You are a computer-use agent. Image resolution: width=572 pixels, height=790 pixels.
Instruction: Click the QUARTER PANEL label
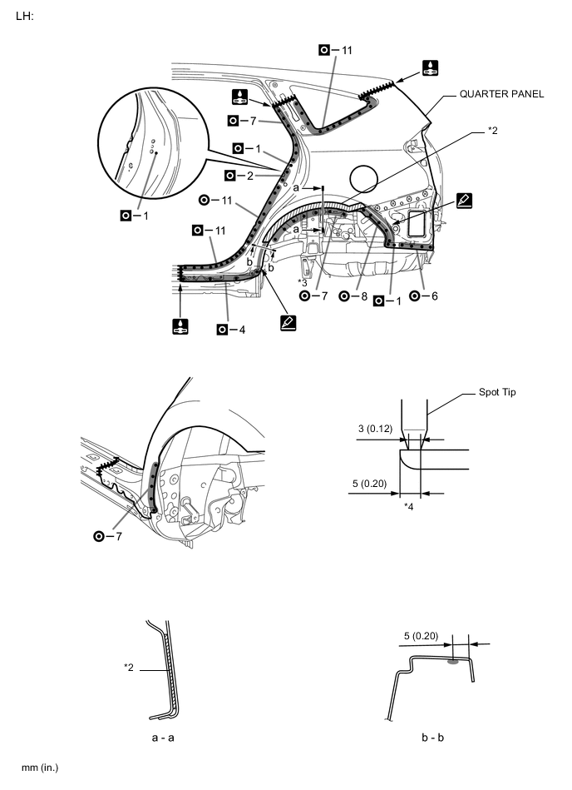(x=501, y=94)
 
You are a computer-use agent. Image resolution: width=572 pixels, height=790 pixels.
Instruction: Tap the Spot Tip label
(x=496, y=391)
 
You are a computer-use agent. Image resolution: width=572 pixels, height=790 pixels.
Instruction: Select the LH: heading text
(x=25, y=16)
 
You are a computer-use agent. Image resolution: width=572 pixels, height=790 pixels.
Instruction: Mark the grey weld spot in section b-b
(x=452, y=663)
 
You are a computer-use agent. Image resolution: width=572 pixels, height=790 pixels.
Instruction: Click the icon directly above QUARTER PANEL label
(x=430, y=67)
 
